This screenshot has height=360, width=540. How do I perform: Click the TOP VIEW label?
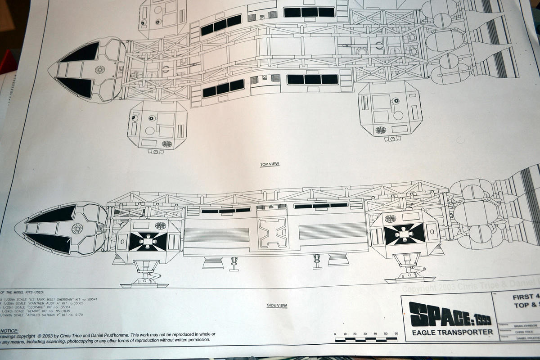click(270, 165)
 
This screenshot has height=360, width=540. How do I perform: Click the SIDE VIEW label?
click(277, 306)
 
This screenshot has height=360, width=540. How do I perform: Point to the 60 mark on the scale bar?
click(396, 333)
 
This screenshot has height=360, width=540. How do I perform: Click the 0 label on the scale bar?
click(335, 333)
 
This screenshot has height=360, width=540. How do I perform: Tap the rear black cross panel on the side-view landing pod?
click(404, 234)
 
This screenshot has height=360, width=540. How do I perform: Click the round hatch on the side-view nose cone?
click(77, 229)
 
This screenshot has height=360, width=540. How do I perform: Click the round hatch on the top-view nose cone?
click(99, 70)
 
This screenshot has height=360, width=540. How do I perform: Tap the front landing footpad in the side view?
click(144, 284)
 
